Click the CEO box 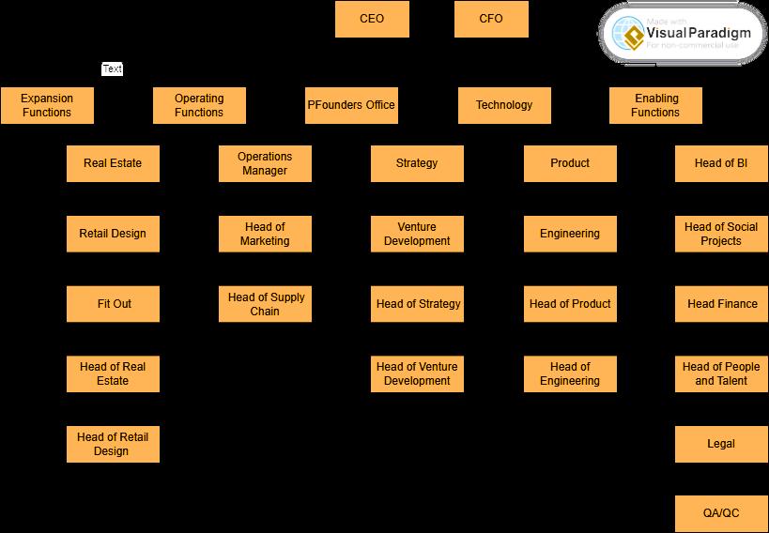(x=372, y=19)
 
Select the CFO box (x=491, y=19)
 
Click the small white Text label (x=112, y=69)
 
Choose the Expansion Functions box (x=47, y=105)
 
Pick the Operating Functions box (x=199, y=105)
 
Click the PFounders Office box (x=351, y=105)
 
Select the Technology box (x=504, y=105)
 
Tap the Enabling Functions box (x=655, y=105)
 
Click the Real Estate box (x=113, y=163)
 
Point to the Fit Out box (x=113, y=304)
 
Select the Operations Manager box (x=265, y=163)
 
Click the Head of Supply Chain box (x=265, y=304)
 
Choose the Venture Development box (x=417, y=234)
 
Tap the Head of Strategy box (x=417, y=304)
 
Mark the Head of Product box (x=570, y=304)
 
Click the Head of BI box (x=721, y=163)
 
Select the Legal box (x=721, y=444)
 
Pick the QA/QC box (x=721, y=513)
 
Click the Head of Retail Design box (x=113, y=444)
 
